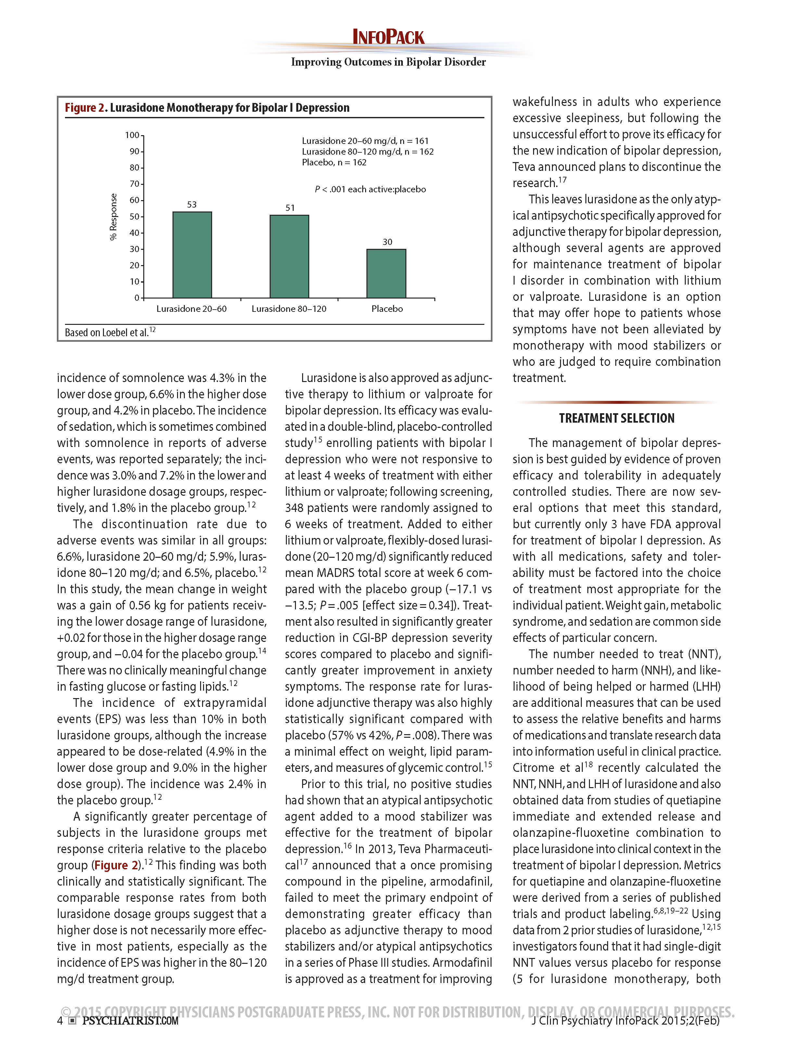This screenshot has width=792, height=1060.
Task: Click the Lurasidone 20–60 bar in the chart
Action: [x=192, y=255]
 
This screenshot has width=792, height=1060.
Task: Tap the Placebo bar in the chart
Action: [x=386, y=274]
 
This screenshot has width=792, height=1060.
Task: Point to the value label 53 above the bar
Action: [x=192, y=205]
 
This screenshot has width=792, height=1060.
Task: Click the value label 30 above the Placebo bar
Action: [x=387, y=242]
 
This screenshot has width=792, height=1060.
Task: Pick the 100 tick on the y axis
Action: [x=132, y=135]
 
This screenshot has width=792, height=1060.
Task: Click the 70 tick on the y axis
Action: [x=134, y=184]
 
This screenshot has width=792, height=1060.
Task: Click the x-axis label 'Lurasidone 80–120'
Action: [x=289, y=309]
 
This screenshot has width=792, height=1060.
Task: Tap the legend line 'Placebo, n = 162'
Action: [x=334, y=162]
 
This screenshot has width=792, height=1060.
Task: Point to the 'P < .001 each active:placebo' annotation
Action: [x=370, y=189]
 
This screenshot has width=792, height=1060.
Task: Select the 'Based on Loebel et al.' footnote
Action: [x=110, y=332]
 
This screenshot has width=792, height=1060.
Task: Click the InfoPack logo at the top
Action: [x=388, y=37]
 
